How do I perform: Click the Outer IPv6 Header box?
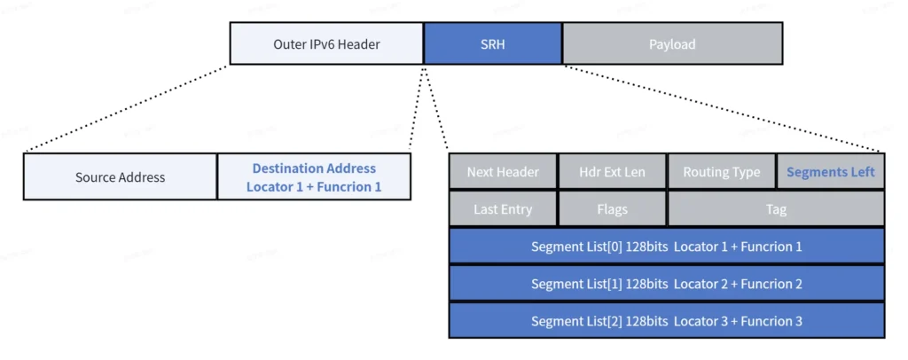tap(326, 43)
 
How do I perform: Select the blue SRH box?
tap(492, 43)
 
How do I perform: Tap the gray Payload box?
tap(672, 43)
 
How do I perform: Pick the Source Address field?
tap(120, 176)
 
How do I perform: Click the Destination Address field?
tap(314, 176)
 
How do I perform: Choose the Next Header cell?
tap(503, 172)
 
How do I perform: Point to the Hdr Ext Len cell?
tap(612, 172)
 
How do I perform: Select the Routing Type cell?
tap(721, 172)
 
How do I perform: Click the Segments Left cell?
tap(830, 172)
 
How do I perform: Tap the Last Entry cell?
tap(503, 209)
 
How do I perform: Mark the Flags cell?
tap(612, 209)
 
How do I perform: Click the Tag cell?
tap(776, 209)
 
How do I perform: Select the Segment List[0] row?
tap(666, 247)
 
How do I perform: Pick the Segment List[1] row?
tap(666, 284)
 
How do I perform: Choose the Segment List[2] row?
tap(666, 321)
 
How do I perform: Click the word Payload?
tap(672, 43)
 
